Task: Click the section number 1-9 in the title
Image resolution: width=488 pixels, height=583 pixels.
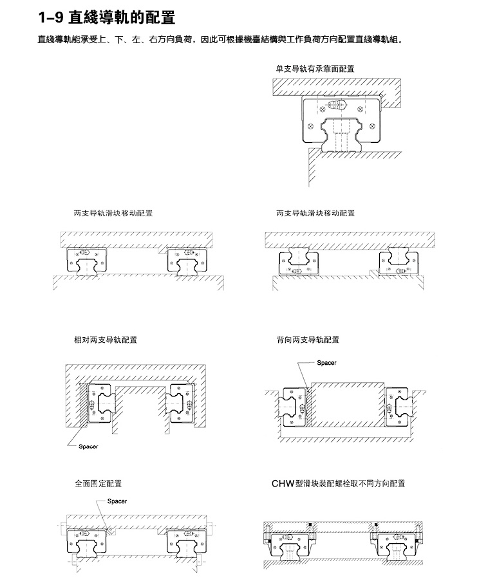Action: point(50,17)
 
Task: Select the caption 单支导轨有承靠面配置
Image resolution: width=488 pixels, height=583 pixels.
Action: point(315,69)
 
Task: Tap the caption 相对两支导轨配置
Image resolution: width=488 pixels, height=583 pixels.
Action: point(106,340)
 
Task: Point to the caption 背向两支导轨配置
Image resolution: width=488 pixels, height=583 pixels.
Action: point(308,340)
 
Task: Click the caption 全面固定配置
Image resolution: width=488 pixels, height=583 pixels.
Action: point(99,484)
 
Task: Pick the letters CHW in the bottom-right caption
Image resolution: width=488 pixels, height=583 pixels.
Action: point(283,484)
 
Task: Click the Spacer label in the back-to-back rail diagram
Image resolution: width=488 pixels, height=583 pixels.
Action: point(326,363)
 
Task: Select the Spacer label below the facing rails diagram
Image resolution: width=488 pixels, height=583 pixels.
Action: point(88,447)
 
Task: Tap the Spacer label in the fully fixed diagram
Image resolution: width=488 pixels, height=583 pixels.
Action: point(117,501)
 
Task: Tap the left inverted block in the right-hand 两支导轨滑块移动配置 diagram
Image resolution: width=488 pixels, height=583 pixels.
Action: point(299,264)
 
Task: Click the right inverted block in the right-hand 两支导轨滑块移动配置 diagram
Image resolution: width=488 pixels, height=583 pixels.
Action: point(399,264)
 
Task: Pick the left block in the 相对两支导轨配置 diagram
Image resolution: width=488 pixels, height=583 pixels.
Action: point(99,403)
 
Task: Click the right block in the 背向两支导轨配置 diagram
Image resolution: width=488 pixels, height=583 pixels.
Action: point(397,407)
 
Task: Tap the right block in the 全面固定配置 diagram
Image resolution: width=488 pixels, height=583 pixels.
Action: point(186,542)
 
